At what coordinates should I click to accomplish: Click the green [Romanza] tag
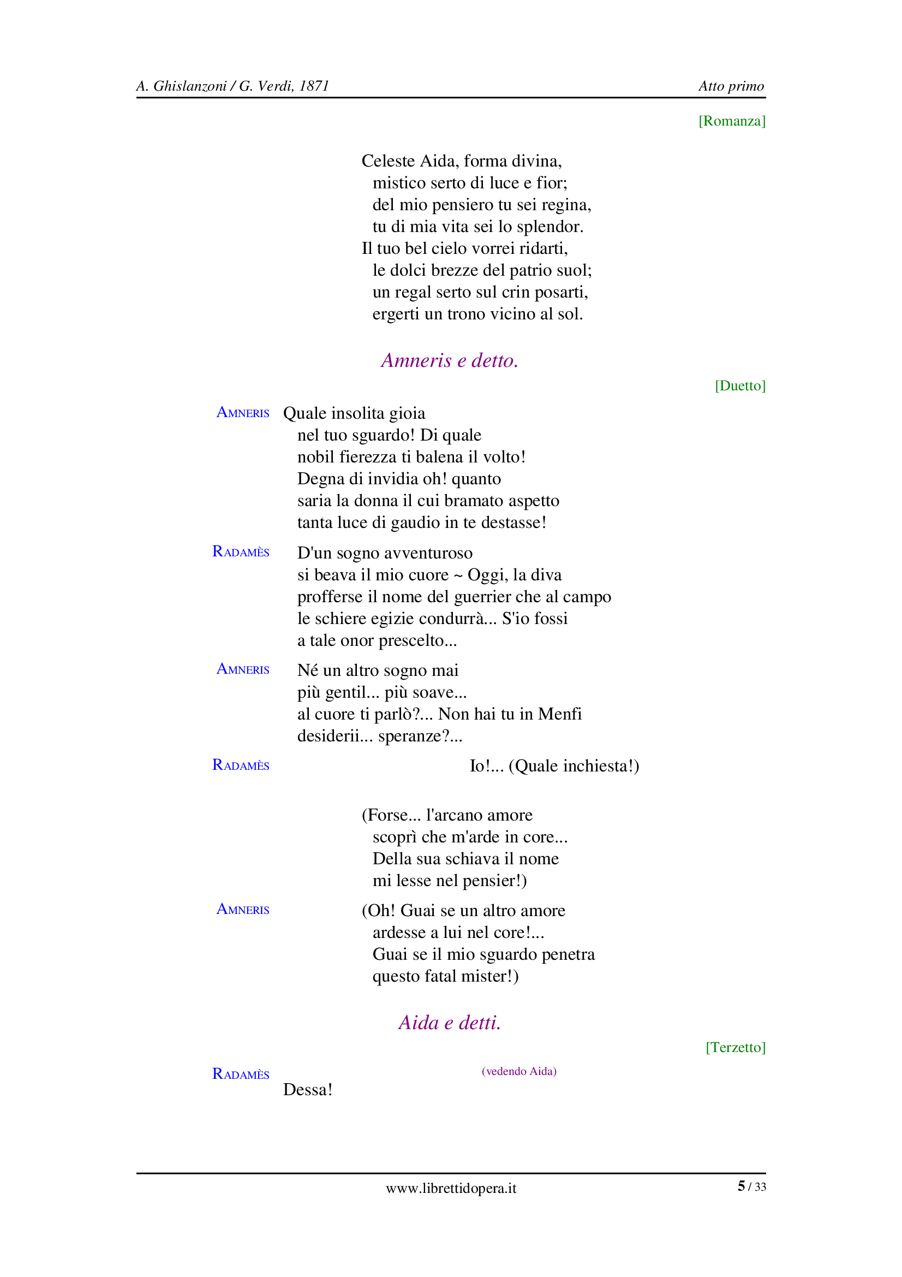click(x=731, y=121)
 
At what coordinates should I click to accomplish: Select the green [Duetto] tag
click(x=740, y=385)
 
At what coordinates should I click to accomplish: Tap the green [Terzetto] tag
click(x=735, y=1047)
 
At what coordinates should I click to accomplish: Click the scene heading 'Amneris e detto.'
click(x=450, y=360)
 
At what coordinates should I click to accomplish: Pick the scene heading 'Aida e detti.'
click(x=450, y=1022)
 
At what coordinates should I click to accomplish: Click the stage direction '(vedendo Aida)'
click(x=518, y=1071)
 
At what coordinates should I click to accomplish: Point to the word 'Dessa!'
click(x=307, y=1089)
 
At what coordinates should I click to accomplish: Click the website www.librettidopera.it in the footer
click(x=451, y=1188)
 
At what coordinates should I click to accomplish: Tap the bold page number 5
click(x=741, y=1186)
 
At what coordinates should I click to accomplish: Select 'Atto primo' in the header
click(x=731, y=86)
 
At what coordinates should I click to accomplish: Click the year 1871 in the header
click(x=314, y=86)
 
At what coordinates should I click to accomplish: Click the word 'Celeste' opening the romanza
click(x=388, y=161)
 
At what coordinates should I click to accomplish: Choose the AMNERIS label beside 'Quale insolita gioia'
click(x=243, y=413)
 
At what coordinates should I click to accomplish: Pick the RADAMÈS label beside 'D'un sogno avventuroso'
click(x=241, y=552)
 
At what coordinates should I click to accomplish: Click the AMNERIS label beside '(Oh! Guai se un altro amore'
click(x=243, y=910)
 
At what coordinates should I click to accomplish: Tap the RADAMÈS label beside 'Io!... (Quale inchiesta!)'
click(x=241, y=765)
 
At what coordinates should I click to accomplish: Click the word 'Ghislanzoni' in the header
click(x=189, y=86)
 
